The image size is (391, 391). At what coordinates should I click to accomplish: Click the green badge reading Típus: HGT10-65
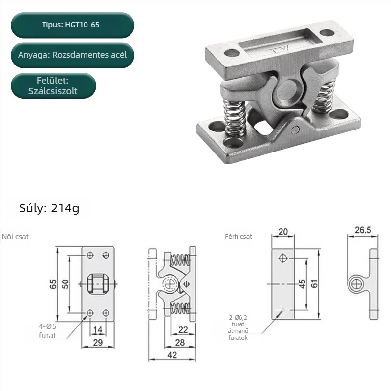click(72, 25)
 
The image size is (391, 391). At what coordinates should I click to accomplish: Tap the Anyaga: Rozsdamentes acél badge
click(72, 55)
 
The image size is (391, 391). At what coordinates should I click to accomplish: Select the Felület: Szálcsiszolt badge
click(53, 86)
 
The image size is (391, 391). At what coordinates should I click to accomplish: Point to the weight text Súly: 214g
click(49, 208)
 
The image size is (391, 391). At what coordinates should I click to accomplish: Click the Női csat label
click(15, 237)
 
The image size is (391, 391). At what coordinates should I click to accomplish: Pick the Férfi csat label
click(239, 236)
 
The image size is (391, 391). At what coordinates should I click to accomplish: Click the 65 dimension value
click(53, 284)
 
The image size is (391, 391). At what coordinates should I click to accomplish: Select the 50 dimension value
click(65, 284)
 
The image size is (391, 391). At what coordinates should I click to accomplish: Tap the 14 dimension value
click(98, 330)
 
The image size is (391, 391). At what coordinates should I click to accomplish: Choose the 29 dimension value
click(98, 343)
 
